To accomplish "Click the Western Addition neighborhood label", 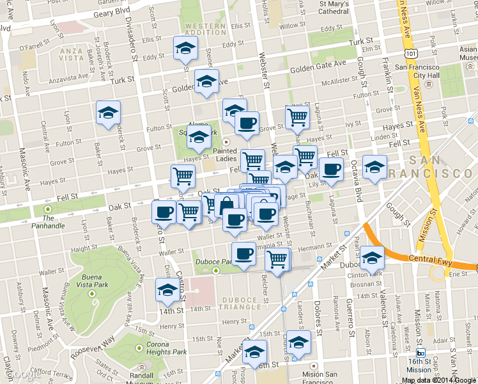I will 206,29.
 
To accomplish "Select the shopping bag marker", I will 227,206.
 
